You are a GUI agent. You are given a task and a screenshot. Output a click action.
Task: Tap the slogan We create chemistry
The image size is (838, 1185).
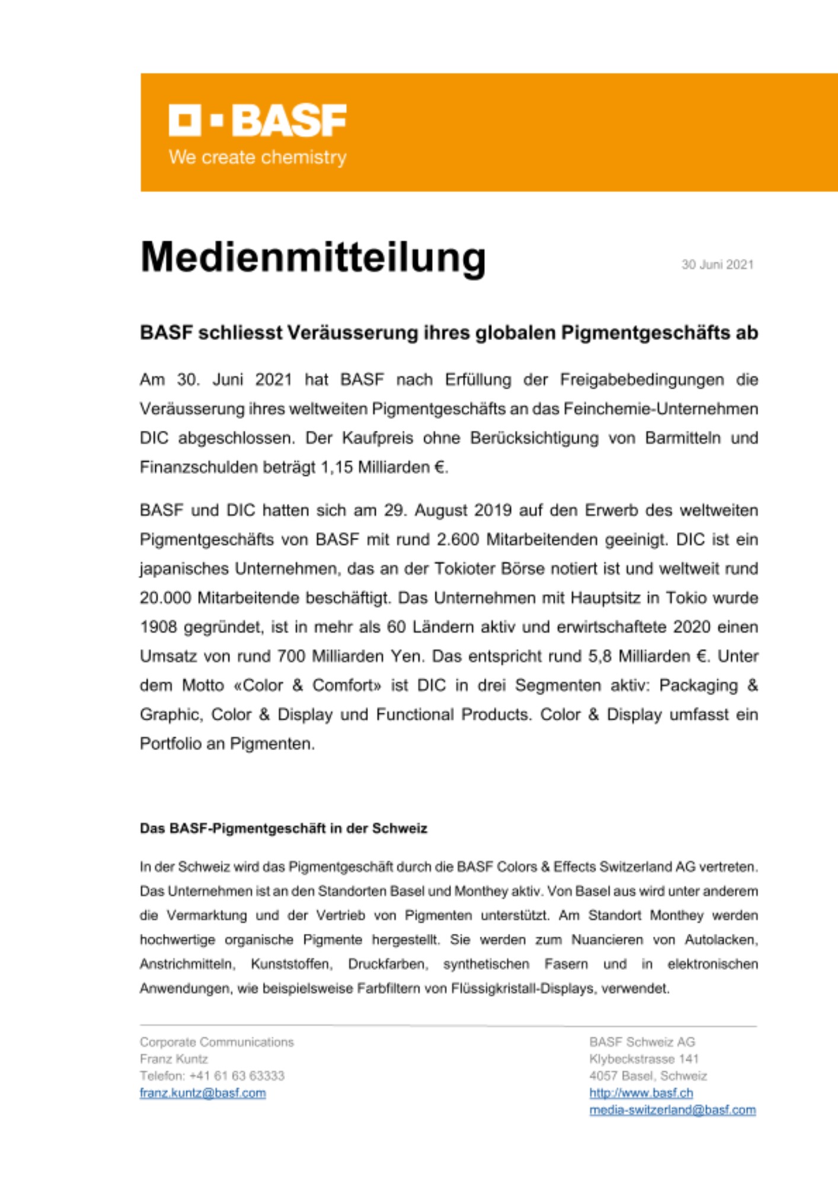[257, 158]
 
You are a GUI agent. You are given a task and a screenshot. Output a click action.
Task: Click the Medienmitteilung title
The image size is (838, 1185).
[313, 258]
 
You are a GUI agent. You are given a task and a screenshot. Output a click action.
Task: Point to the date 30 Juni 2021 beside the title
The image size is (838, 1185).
[717, 265]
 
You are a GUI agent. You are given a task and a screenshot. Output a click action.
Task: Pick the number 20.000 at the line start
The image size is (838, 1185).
[165, 598]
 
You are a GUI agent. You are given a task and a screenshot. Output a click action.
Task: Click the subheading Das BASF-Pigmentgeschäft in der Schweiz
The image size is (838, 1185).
[283, 828]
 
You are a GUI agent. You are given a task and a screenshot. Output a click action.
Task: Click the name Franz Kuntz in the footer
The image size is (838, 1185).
[174, 1059]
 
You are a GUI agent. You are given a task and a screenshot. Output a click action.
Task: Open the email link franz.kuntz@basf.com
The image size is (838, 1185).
[203, 1093]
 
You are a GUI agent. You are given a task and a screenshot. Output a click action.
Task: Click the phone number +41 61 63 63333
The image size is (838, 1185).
[237, 1076]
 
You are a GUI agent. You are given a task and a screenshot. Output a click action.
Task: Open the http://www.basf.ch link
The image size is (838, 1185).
[641, 1093]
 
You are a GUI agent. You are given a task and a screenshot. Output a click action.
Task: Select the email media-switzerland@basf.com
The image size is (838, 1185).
[672, 1110]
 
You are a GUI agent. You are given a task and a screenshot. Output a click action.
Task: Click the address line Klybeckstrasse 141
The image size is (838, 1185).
[644, 1059]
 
